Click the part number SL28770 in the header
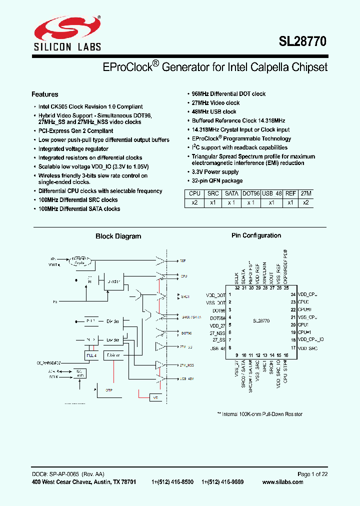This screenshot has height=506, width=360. pos(302,42)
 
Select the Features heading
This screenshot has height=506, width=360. pos(45,94)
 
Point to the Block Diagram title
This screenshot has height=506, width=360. pos(118,236)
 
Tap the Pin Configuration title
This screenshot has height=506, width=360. pos(256,235)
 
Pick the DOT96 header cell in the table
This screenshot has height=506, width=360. pos(251,193)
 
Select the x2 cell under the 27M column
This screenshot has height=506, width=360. pos(305,202)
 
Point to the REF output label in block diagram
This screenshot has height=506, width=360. pos(182,261)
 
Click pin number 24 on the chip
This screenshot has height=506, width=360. pos(294,295)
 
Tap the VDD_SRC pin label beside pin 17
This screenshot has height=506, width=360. pos(308,347)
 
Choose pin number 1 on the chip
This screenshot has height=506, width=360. pos(229,295)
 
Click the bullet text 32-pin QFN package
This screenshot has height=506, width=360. pos(217,181)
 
